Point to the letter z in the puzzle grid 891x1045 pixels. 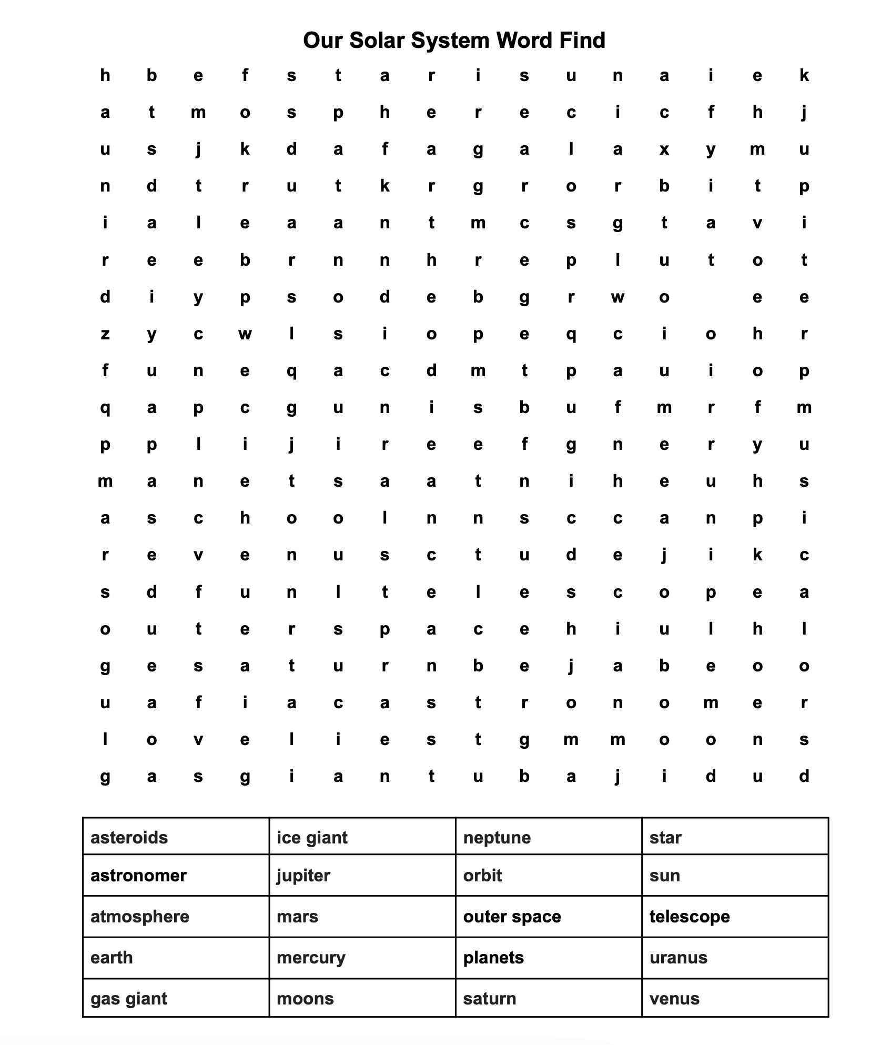click(x=105, y=334)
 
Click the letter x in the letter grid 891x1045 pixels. click(x=664, y=149)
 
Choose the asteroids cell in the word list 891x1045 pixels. click(x=129, y=837)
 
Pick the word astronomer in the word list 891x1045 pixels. click(x=138, y=875)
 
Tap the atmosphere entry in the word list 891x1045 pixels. click(x=140, y=916)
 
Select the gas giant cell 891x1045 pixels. click(x=129, y=998)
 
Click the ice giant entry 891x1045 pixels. click(x=312, y=837)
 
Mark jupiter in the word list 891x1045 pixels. click(x=303, y=875)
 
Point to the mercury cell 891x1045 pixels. click(x=311, y=957)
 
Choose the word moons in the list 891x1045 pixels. click(x=305, y=998)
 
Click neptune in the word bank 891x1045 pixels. click(x=497, y=837)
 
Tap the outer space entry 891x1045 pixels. click(x=512, y=916)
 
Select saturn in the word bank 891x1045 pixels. click(x=490, y=998)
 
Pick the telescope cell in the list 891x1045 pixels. click(x=690, y=916)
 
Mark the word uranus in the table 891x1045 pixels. click(x=679, y=957)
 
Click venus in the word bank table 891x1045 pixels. click(x=674, y=998)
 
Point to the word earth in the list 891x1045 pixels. click(x=112, y=957)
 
